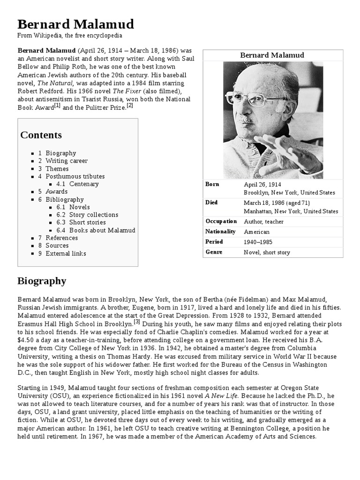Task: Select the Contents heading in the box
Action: (41, 135)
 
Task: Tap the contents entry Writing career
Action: (67, 161)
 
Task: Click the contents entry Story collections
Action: (94, 215)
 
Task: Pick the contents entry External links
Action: (66, 253)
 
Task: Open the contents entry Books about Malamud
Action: (102, 230)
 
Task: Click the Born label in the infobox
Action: (212, 184)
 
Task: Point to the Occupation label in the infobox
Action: (221, 221)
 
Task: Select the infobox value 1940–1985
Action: (258, 242)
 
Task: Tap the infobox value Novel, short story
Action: (267, 252)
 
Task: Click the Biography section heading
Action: (42, 281)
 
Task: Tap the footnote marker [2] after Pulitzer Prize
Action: (130, 105)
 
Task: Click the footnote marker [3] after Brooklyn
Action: (137, 322)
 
